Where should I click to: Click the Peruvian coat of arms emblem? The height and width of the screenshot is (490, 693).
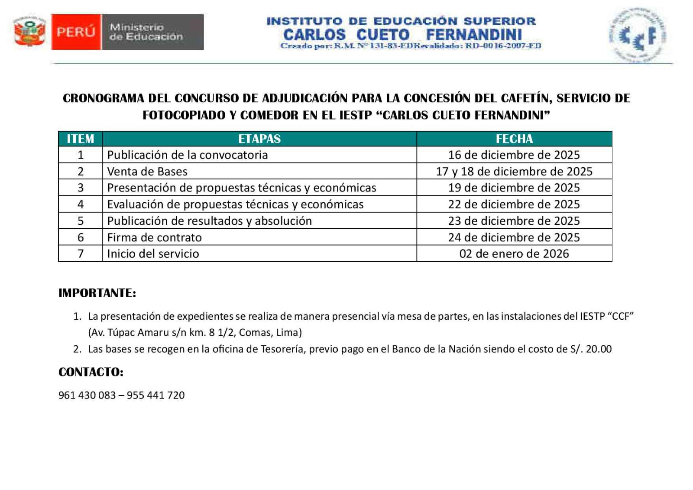coord(29,32)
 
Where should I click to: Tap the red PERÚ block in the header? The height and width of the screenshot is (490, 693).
coord(76,32)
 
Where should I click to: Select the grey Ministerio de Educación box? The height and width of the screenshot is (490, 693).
coord(152,32)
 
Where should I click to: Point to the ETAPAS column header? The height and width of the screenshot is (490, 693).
coord(259,139)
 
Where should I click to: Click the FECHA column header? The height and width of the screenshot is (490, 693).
coord(514,139)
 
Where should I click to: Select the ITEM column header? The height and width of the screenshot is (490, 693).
coord(81,139)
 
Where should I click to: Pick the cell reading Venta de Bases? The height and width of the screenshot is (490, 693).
coord(147,172)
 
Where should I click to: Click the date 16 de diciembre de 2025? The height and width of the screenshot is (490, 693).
coord(514,155)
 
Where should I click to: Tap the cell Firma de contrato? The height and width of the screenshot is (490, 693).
coord(155,237)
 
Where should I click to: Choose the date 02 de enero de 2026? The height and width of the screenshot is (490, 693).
coord(514,254)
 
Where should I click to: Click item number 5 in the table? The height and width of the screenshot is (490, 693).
coord(81,221)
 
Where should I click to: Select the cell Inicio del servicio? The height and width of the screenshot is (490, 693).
coord(153,254)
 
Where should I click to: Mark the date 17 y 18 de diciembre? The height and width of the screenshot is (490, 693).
coord(514,172)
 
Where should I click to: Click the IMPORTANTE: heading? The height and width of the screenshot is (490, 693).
coord(97,293)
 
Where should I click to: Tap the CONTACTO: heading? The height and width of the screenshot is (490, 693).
coord(91,372)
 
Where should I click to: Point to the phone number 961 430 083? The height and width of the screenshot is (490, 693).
coord(87,395)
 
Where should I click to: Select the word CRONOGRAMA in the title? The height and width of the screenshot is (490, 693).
coord(104,98)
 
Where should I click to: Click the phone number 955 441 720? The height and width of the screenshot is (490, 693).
coord(156,395)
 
